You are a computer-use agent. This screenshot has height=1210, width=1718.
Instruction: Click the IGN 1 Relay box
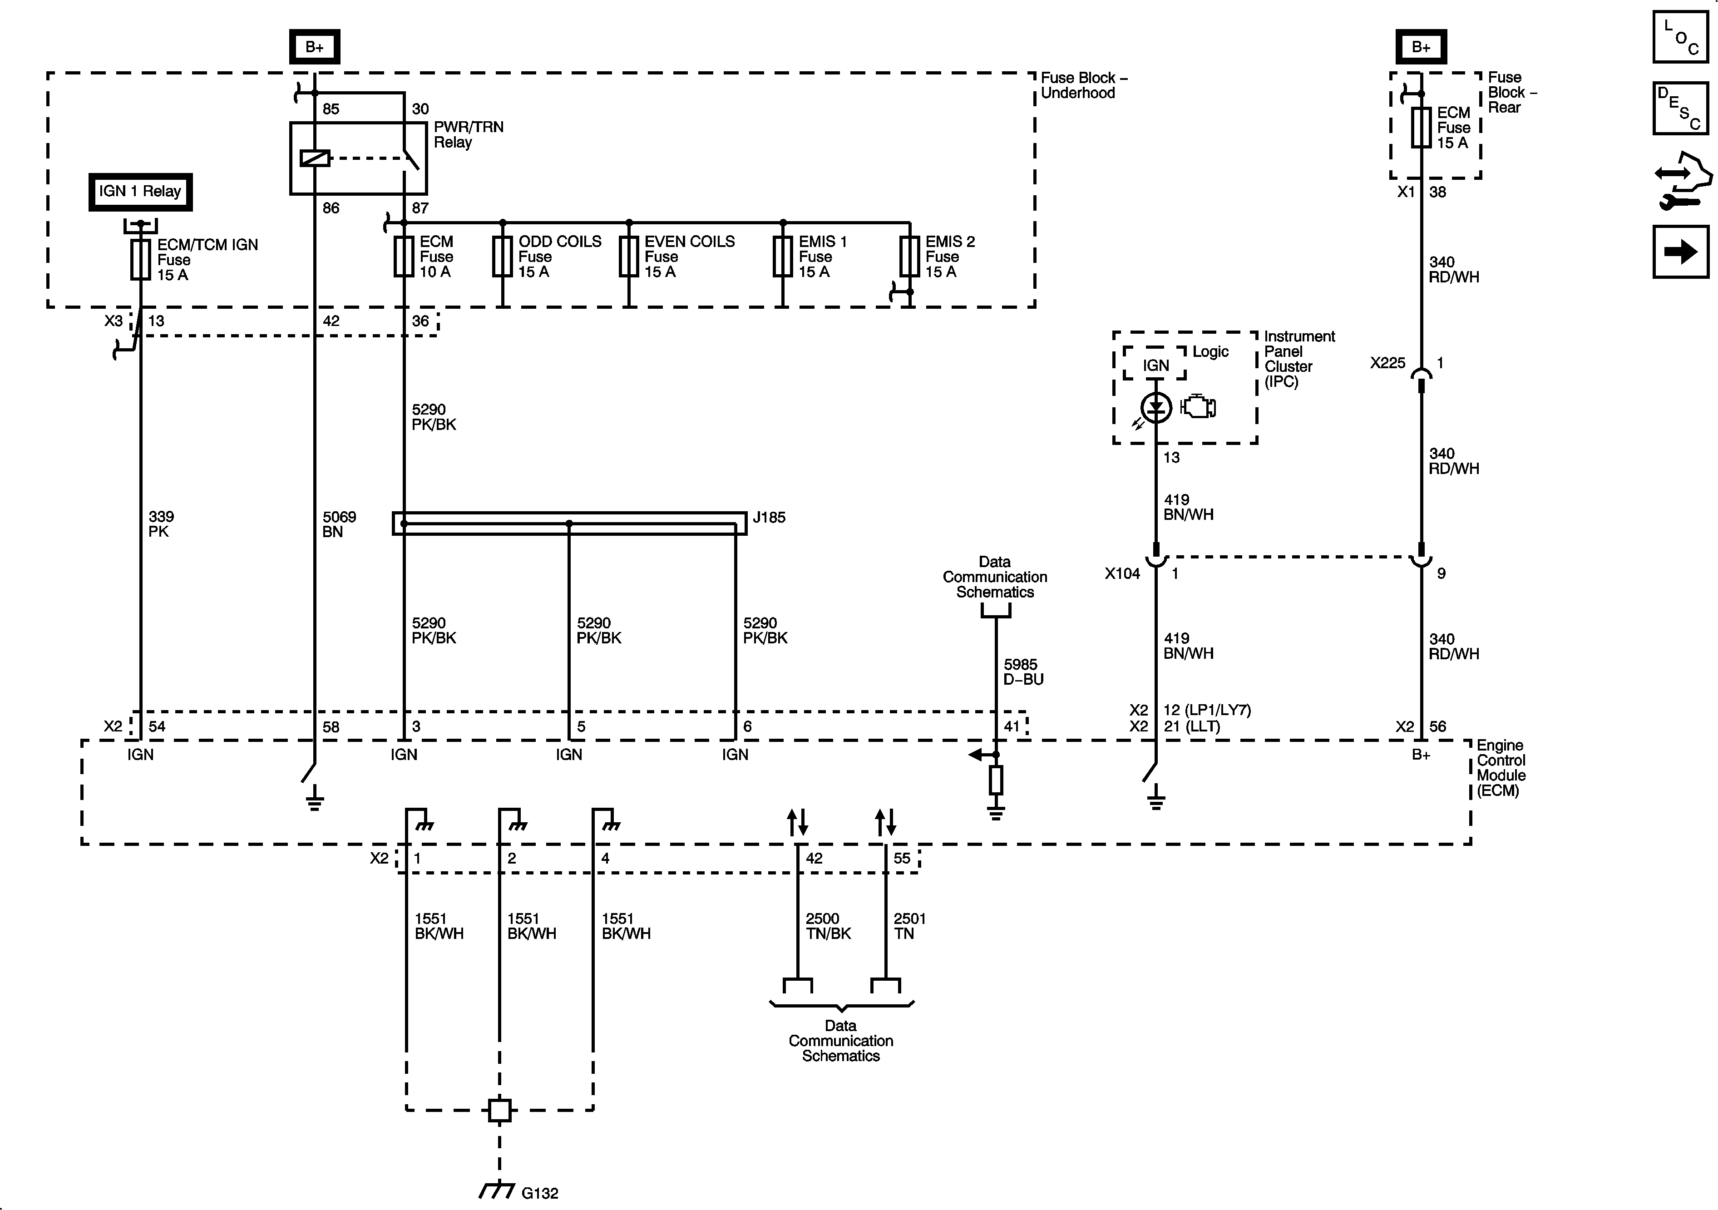pos(140,192)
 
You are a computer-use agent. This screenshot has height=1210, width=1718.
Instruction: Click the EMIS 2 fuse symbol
pos(909,257)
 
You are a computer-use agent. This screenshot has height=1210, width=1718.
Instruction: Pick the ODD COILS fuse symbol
pos(502,257)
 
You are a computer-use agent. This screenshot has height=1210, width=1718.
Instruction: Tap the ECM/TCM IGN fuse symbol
pos(140,260)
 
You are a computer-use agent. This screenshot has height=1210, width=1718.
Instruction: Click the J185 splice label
pos(769,517)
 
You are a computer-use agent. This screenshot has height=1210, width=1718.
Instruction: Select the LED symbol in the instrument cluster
pos(1156,407)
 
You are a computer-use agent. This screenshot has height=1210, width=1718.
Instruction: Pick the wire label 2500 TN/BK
pos(828,926)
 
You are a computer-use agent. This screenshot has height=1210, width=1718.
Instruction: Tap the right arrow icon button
pos(1680,252)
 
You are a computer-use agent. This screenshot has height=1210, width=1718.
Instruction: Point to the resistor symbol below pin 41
pos(995,780)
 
